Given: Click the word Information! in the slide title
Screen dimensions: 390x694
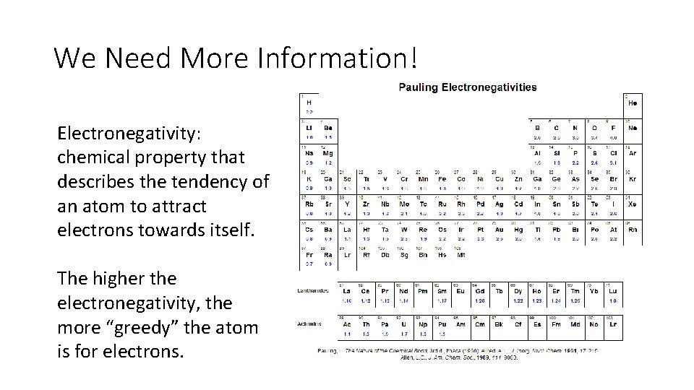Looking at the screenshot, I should pos(335,57).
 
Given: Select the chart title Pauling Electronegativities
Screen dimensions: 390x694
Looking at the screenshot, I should pos(467,87).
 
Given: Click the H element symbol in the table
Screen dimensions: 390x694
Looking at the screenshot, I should pos(309,103).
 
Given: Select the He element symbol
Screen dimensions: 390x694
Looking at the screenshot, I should pos(633,103).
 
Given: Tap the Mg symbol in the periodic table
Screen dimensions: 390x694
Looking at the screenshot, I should pos(327,153).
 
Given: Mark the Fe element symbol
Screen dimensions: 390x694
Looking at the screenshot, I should pos(442,178).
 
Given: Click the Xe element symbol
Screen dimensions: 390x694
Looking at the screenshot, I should pos(633,204).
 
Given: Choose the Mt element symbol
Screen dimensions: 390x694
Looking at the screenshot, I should pos(460,254).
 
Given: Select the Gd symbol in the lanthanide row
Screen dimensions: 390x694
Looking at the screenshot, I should pos(479,290).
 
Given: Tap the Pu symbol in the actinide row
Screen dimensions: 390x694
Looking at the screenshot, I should pos(442,325).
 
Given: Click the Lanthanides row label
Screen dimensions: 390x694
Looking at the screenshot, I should pos(313,290).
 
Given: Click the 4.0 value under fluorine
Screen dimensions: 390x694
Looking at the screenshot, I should pos(613,137).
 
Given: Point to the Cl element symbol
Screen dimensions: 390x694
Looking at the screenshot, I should pos(613,153).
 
